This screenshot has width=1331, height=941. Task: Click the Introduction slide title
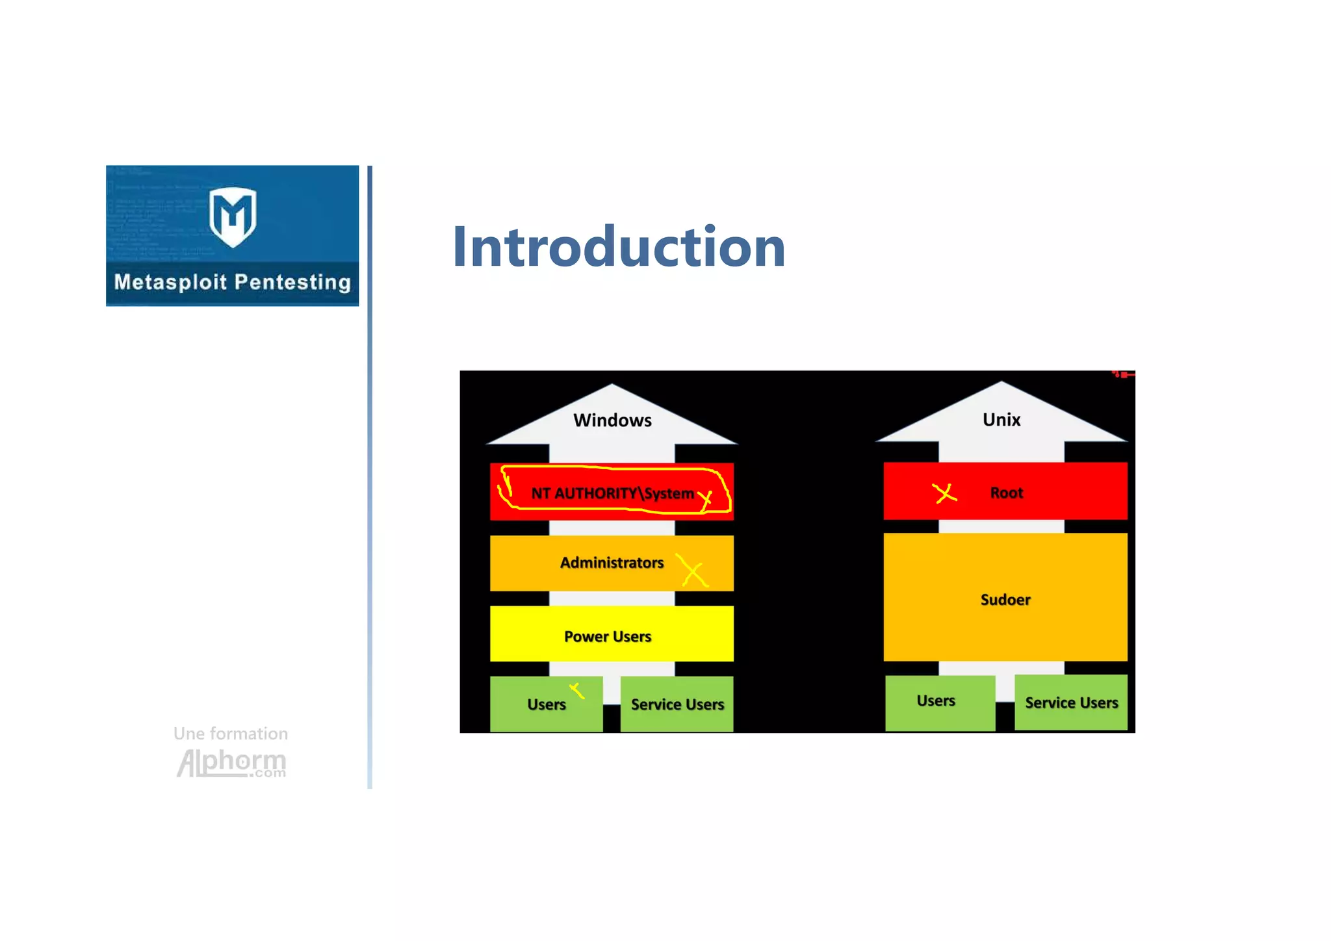point(619,247)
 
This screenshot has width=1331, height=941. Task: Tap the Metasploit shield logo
point(233,216)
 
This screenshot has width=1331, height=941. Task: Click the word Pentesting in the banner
point(292,282)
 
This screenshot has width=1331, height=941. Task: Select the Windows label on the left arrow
point(612,420)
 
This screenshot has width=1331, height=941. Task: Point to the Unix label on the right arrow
point(1001,420)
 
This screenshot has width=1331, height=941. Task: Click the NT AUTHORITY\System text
point(612,493)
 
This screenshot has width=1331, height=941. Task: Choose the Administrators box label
point(612,563)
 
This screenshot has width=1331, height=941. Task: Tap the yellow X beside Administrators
point(693,571)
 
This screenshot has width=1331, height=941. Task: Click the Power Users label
point(608,637)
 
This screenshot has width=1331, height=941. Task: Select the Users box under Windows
point(547,704)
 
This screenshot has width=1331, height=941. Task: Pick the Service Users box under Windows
point(677,704)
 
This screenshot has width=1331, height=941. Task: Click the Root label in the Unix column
point(1007,493)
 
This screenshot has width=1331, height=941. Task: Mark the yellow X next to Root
point(944,493)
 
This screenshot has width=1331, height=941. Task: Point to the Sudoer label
point(1005,600)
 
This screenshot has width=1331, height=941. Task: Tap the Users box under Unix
point(936,701)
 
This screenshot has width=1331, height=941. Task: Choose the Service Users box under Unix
point(1071,703)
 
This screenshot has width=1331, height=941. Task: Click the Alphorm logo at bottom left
point(231,763)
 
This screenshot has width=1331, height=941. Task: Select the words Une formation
point(231,734)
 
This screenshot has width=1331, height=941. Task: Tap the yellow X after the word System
point(706,499)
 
